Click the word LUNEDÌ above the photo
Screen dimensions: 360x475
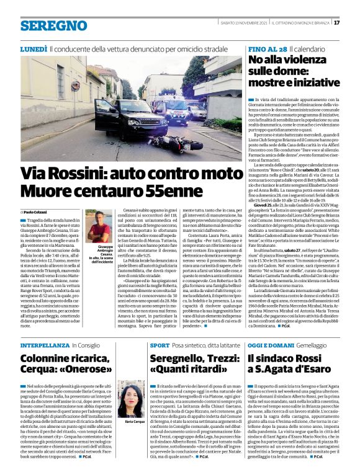[x=34, y=48]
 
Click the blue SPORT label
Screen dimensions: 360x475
[x=160, y=345]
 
